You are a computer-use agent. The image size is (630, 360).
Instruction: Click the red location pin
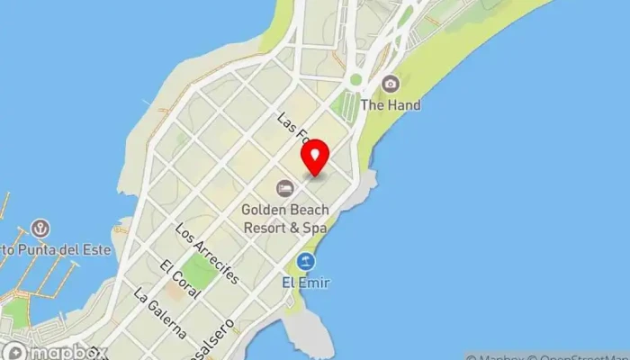pyautogui.click(x=315, y=159)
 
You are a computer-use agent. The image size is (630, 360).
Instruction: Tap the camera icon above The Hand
pyautogui.click(x=390, y=85)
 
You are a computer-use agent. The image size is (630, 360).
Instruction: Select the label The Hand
pyautogui.click(x=390, y=105)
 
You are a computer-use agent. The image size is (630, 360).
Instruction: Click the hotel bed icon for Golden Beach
pyautogui.click(x=284, y=188)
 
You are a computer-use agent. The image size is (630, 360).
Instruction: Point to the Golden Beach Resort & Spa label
pyautogui.click(x=284, y=219)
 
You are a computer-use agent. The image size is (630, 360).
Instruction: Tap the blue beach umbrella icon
pyautogui.click(x=307, y=262)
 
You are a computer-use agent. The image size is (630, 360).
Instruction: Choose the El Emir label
pyautogui.click(x=306, y=283)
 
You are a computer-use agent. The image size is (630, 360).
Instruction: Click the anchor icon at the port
pyautogui.click(x=40, y=229)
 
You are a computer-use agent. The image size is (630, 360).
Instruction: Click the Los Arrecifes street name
pyautogui.click(x=208, y=253)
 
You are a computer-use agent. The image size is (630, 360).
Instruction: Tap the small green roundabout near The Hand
pyautogui.click(x=355, y=80)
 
